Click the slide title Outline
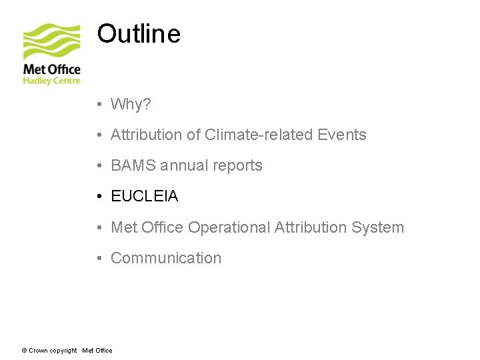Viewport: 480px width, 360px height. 139,33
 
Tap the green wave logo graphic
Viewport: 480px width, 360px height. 51,42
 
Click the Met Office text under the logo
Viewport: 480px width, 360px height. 51,69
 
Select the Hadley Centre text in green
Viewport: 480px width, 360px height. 51,81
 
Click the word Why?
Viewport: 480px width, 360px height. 131,105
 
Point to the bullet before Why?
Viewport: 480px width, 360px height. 98,105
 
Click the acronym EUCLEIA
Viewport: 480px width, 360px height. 144,197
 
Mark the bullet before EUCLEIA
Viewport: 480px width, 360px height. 98,197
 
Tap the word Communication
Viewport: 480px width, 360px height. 165,258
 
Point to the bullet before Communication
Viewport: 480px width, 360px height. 98,258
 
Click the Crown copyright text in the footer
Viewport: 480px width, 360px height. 53,351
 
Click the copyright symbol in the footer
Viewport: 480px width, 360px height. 24,351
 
